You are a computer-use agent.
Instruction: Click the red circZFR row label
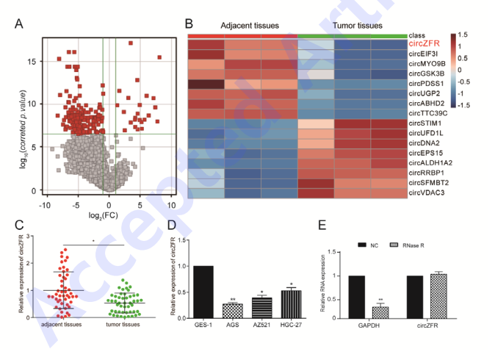point(424,44)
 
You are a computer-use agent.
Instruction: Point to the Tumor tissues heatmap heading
point(358,26)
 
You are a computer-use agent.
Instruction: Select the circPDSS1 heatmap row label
point(428,83)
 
